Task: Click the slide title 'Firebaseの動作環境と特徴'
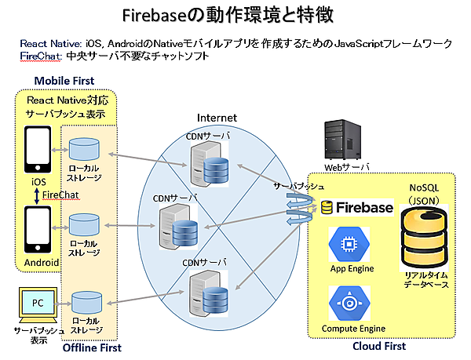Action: tap(235, 15)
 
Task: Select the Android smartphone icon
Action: tap(38, 234)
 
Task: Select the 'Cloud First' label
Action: tap(380, 346)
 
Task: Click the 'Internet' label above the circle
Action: tap(217, 118)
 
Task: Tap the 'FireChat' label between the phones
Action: tap(60, 194)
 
